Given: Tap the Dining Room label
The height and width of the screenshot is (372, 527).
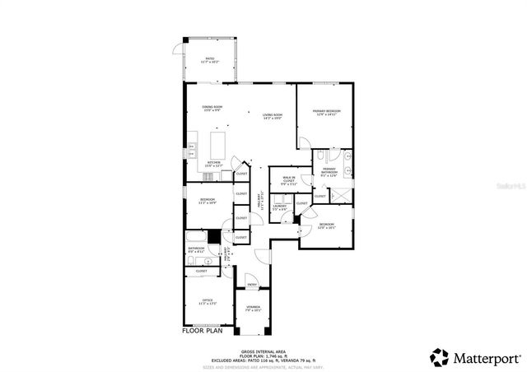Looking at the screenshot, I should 212,109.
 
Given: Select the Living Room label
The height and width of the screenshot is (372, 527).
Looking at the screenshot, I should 272,116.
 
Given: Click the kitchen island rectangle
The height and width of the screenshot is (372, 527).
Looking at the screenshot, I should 219,146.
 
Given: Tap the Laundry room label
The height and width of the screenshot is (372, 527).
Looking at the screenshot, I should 279,207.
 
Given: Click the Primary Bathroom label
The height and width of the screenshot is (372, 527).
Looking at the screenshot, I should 328,172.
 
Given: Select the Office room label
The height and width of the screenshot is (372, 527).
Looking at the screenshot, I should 206,302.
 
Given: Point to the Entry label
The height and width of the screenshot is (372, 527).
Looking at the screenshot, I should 252,285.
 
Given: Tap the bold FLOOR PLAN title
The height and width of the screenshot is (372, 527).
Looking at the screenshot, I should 203,332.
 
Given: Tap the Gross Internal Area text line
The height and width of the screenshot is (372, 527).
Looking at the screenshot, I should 263,350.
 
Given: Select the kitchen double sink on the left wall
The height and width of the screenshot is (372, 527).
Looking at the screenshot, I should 191,151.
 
